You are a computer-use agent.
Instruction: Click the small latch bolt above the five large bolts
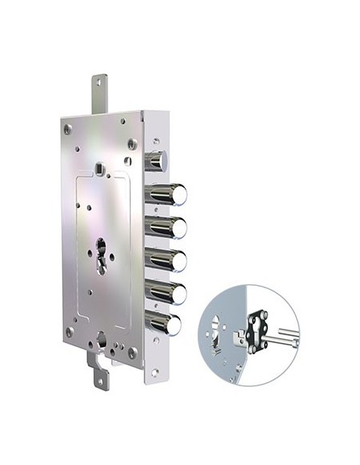[157, 162]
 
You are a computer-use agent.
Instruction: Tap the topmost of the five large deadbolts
[170, 194]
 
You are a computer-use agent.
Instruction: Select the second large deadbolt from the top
[170, 227]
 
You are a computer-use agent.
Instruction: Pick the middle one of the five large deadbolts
[170, 260]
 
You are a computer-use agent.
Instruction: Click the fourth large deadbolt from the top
[170, 292]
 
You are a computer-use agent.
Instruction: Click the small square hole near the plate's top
[97, 169]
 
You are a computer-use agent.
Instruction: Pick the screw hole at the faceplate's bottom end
[154, 372]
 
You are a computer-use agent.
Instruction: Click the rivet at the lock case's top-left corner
[68, 128]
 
